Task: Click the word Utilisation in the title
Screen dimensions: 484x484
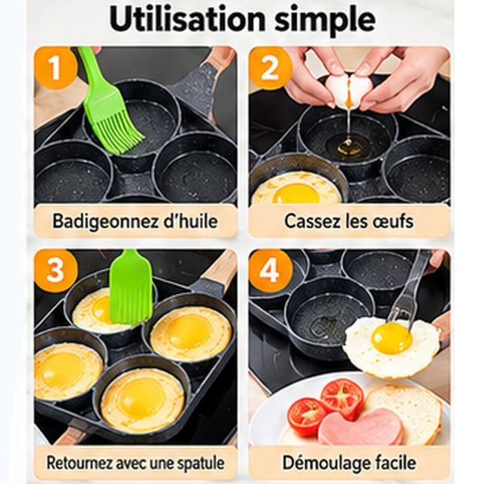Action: point(187,19)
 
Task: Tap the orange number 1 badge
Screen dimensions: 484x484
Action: point(55,69)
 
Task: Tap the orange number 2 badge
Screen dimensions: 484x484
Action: point(269,69)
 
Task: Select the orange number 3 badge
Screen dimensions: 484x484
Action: point(55,271)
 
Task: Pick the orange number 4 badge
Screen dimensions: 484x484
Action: point(269,271)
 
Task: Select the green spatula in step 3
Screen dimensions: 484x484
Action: point(131,286)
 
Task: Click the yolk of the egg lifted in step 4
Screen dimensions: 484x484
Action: point(391,338)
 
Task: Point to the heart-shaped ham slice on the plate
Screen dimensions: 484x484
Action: point(361,426)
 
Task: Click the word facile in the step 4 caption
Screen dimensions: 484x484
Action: point(397,463)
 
